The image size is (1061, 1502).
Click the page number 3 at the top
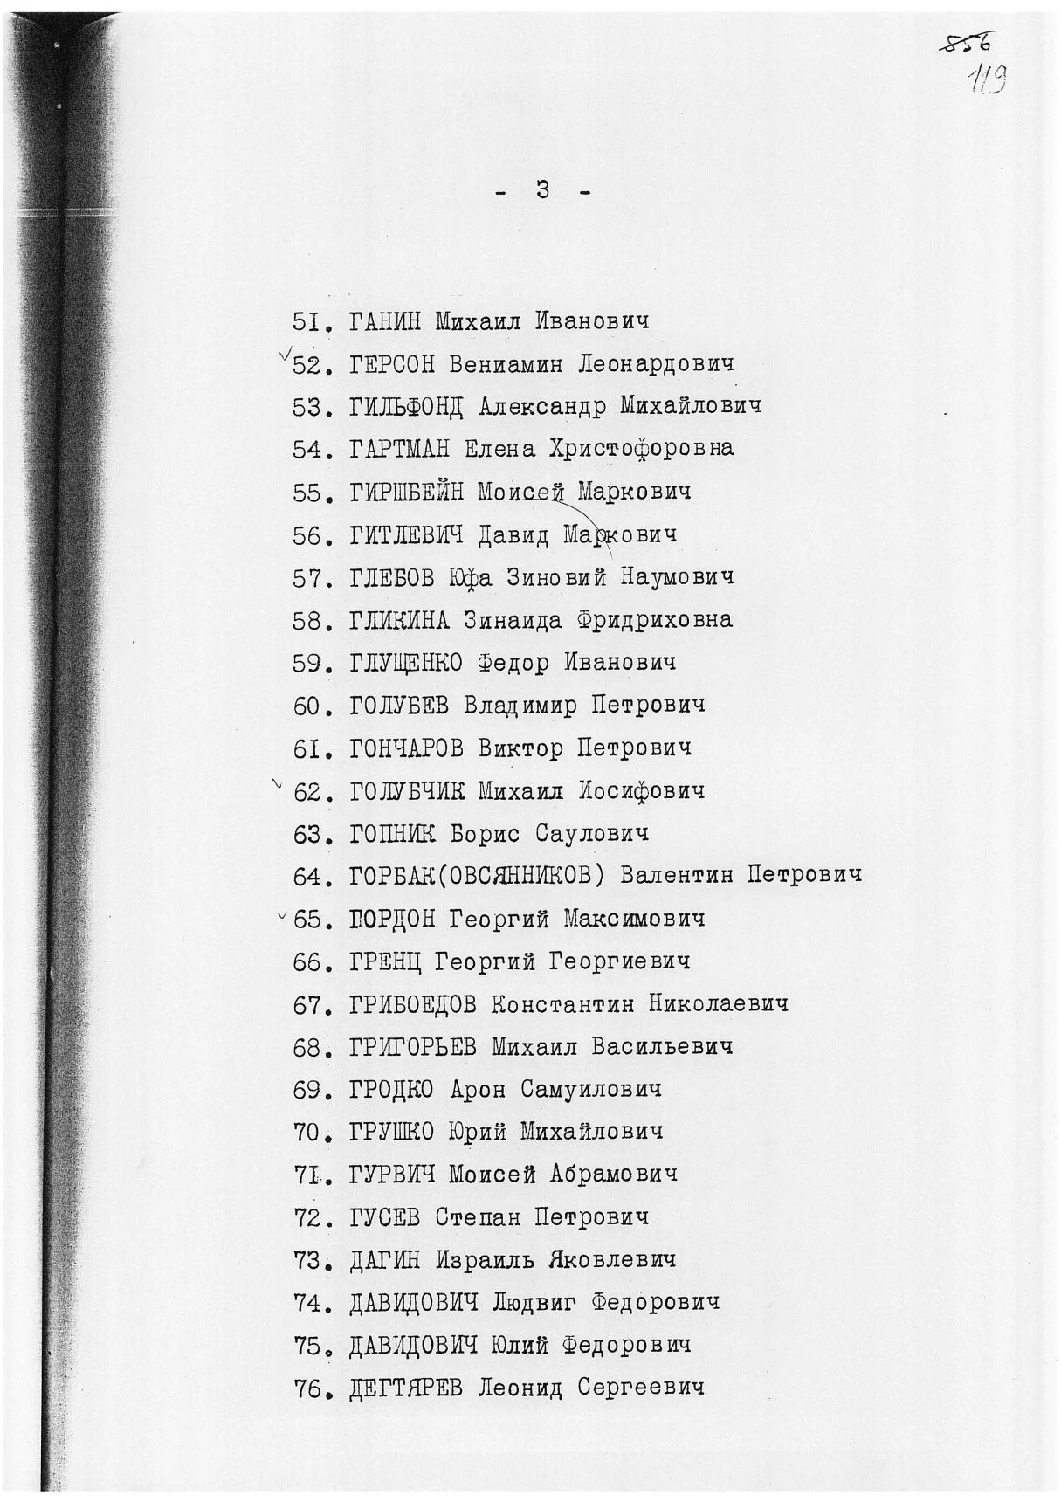point(542,189)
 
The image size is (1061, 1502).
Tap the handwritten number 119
point(988,80)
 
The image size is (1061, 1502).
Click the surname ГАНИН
point(384,321)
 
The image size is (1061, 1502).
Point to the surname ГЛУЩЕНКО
point(406,663)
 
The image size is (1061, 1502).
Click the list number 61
point(308,748)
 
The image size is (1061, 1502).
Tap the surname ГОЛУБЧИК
point(406,792)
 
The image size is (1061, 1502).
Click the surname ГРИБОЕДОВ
point(413,1004)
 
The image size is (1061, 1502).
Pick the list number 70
point(308,1133)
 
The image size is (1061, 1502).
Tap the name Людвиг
point(534,1303)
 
